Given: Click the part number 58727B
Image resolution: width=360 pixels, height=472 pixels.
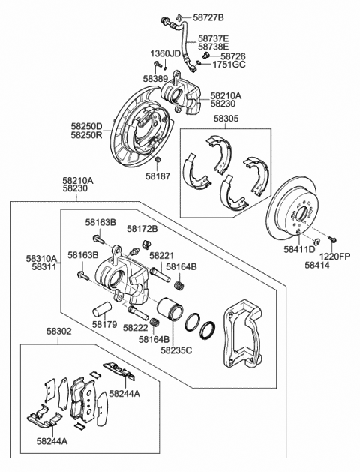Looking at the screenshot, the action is click(x=208, y=17).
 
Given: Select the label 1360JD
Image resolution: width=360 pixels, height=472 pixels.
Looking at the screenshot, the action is click(x=166, y=53).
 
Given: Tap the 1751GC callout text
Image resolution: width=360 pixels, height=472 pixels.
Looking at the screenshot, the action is click(x=229, y=65).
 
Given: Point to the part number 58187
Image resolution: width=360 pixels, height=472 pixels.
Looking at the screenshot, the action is click(x=158, y=176).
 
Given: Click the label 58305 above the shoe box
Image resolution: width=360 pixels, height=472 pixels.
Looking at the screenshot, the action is click(x=226, y=119).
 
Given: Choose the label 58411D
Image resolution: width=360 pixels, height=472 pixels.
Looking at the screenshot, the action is click(x=299, y=249).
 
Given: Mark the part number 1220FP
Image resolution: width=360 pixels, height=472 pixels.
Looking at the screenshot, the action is click(x=334, y=257).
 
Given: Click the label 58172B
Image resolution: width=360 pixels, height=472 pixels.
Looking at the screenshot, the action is click(x=142, y=229).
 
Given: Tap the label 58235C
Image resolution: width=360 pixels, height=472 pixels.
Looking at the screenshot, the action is click(x=176, y=350).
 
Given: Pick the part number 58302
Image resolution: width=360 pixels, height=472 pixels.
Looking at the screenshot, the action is click(x=59, y=332).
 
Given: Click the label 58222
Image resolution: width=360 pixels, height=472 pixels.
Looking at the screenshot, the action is click(x=135, y=327).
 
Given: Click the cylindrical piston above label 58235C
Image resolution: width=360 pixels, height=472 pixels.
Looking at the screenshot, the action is click(x=170, y=309).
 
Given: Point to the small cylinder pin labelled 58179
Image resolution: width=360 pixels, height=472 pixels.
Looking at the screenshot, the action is click(x=102, y=308).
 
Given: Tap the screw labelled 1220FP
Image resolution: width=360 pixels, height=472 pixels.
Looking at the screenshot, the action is click(x=332, y=239).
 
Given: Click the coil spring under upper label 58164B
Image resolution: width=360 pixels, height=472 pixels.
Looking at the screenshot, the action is click(x=179, y=284).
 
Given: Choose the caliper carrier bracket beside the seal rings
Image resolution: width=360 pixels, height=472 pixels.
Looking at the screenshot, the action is click(x=244, y=334).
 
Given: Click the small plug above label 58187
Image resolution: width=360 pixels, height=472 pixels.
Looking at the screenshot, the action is click(x=157, y=159).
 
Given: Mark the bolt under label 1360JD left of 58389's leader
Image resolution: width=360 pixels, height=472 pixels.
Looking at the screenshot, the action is click(x=157, y=64).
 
